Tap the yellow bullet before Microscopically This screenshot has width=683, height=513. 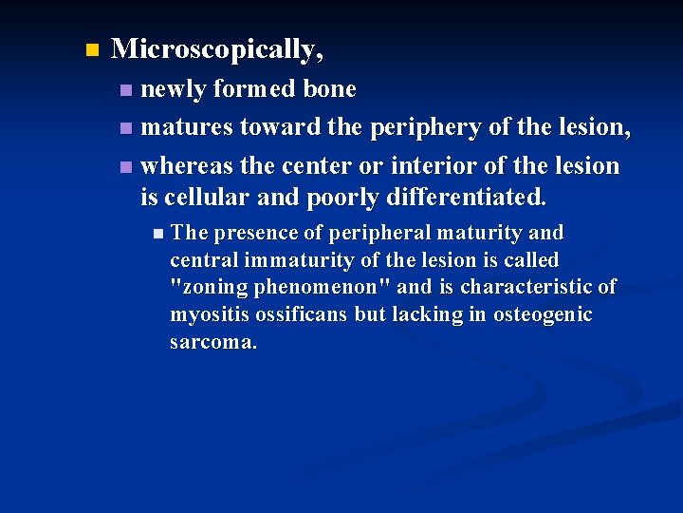(91, 49)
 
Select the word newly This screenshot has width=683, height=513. (174, 89)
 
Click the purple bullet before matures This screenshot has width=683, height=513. (126, 128)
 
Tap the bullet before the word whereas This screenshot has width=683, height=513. (126, 166)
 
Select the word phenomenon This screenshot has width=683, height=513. (317, 287)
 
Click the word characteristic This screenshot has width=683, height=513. (527, 287)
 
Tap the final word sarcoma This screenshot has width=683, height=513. (212, 342)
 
